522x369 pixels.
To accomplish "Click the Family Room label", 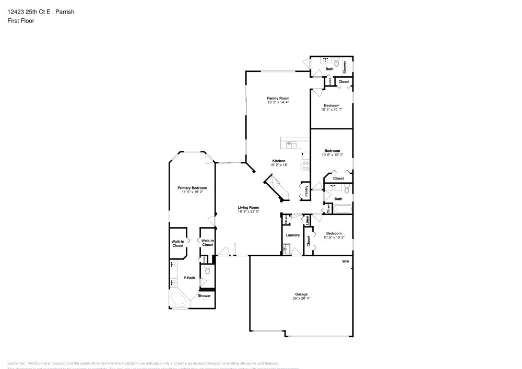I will (x=278, y=98).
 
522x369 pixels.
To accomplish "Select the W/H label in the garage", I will (x=346, y=261).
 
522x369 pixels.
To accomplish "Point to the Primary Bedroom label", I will (x=192, y=188).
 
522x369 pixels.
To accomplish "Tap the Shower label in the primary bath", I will (x=204, y=296).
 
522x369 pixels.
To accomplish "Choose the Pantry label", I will (x=306, y=191).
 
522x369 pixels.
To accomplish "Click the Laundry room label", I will (x=293, y=235).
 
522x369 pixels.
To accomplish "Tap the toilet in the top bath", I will (x=337, y=62).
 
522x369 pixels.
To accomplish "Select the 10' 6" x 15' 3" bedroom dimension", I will (x=331, y=154).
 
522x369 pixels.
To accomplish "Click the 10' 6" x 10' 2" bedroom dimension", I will (x=334, y=237).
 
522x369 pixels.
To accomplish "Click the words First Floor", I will (x=21, y=21).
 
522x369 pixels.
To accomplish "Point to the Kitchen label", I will (x=278, y=161).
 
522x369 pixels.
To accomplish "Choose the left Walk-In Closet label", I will (x=177, y=243).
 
